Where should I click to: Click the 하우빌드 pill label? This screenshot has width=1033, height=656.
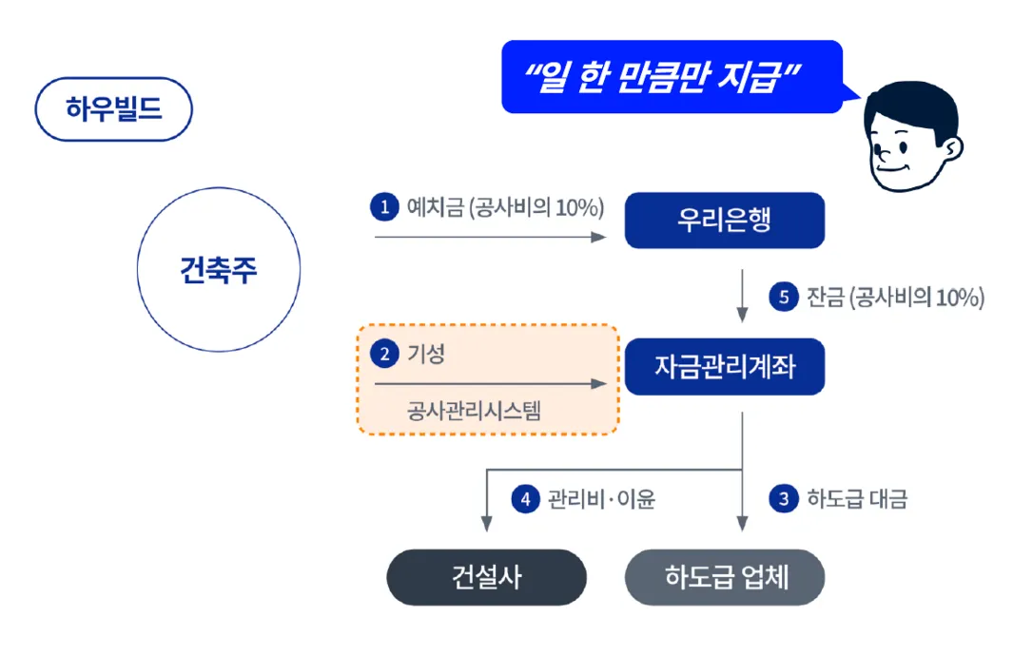(x=114, y=109)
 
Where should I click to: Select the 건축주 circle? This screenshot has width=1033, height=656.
(x=219, y=270)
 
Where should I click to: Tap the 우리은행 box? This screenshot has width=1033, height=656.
(x=724, y=221)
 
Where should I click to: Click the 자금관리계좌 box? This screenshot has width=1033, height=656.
(x=724, y=366)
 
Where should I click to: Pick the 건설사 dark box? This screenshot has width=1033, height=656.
(x=486, y=577)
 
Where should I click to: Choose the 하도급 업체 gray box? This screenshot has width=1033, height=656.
(x=724, y=577)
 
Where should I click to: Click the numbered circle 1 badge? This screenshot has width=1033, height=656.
(x=384, y=208)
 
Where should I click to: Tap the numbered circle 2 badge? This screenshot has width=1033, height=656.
(x=384, y=355)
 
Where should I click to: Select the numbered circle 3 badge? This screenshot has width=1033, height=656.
(x=783, y=499)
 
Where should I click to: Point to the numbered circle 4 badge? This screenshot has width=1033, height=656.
(x=525, y=499)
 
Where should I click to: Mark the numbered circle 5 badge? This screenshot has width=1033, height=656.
(x=783, y=298)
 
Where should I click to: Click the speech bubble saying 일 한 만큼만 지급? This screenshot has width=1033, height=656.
(x=666, y=76)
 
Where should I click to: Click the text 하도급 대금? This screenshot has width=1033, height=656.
(x=857, y=499)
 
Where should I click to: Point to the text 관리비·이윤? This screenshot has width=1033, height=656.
(x=601, y=499)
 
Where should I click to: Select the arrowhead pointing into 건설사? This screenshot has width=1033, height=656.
(x=486, y=523)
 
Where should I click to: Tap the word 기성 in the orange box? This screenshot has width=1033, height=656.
(x=426, y=355)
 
